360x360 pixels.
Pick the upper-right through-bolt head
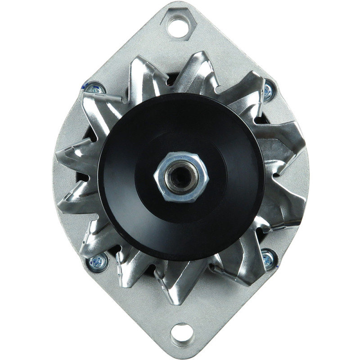pos(269,91)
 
